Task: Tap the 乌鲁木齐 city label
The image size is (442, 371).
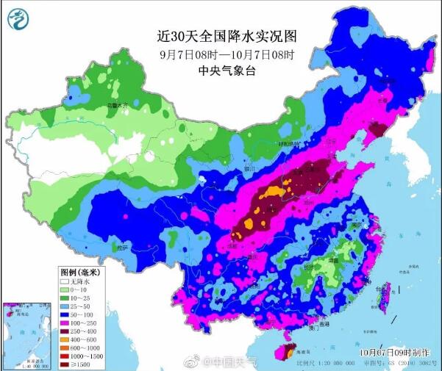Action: click(x=118, y=106)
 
